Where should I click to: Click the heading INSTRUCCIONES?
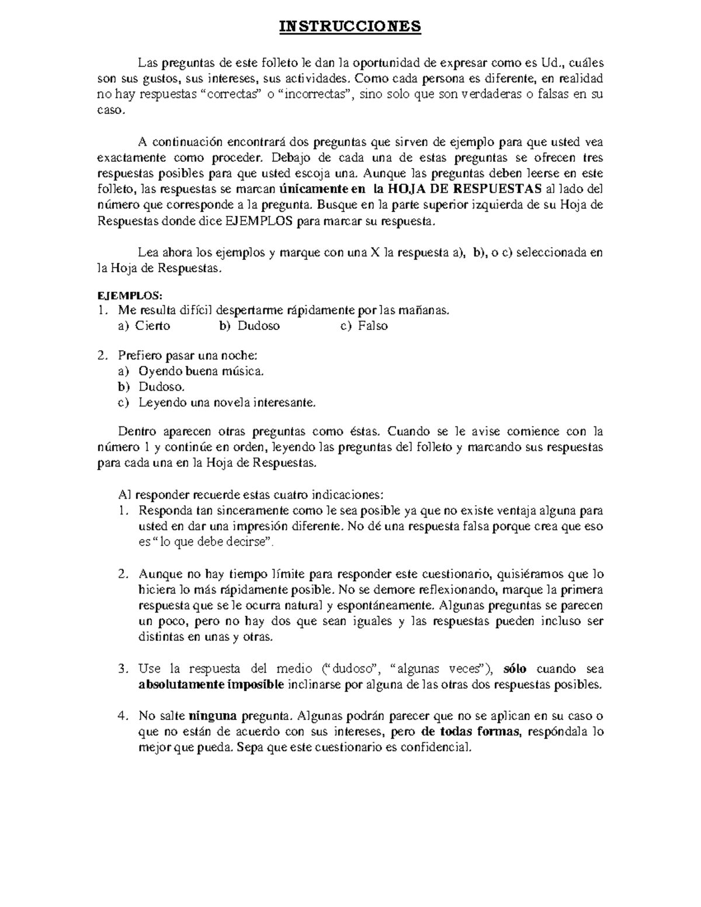coord(349,27)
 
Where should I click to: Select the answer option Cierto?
coord(152,326)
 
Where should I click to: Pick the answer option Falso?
coord(373,326)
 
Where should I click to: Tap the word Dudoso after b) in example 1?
coord(258,326)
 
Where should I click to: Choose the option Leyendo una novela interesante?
coord(227,402)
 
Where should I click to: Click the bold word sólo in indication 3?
coord(515,669)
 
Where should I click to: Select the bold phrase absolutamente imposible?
coord(211,684)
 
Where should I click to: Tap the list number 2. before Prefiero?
coord(102,355)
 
